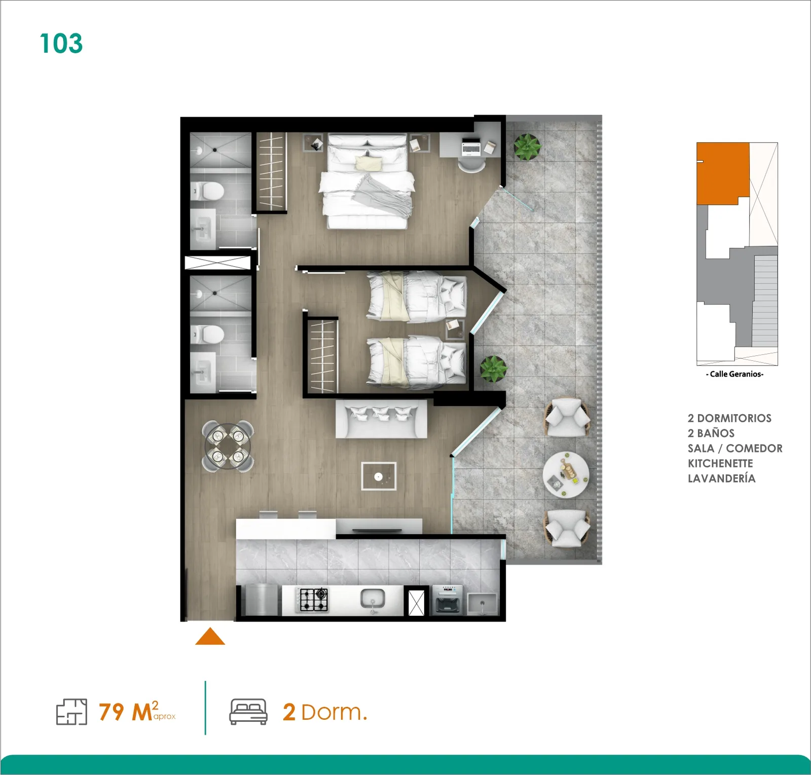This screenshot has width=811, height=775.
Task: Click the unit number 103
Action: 61,44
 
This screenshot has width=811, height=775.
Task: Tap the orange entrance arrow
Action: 210,636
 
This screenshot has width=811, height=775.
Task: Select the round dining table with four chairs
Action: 228,447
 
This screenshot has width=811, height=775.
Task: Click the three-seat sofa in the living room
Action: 381,419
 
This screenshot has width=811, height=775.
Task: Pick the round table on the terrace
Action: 566,475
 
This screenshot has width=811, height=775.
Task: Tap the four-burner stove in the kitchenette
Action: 314,600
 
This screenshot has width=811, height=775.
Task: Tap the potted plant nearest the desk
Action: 527,147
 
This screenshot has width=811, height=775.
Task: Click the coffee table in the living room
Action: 379,476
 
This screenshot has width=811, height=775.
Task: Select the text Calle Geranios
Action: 734,374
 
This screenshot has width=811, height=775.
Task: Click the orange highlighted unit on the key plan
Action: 722,173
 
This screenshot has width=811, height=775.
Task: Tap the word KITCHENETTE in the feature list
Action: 720,463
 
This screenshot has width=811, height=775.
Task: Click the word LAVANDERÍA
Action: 721,478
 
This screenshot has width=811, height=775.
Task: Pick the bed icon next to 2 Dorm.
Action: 248,712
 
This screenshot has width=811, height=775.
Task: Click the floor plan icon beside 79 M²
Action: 71,712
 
